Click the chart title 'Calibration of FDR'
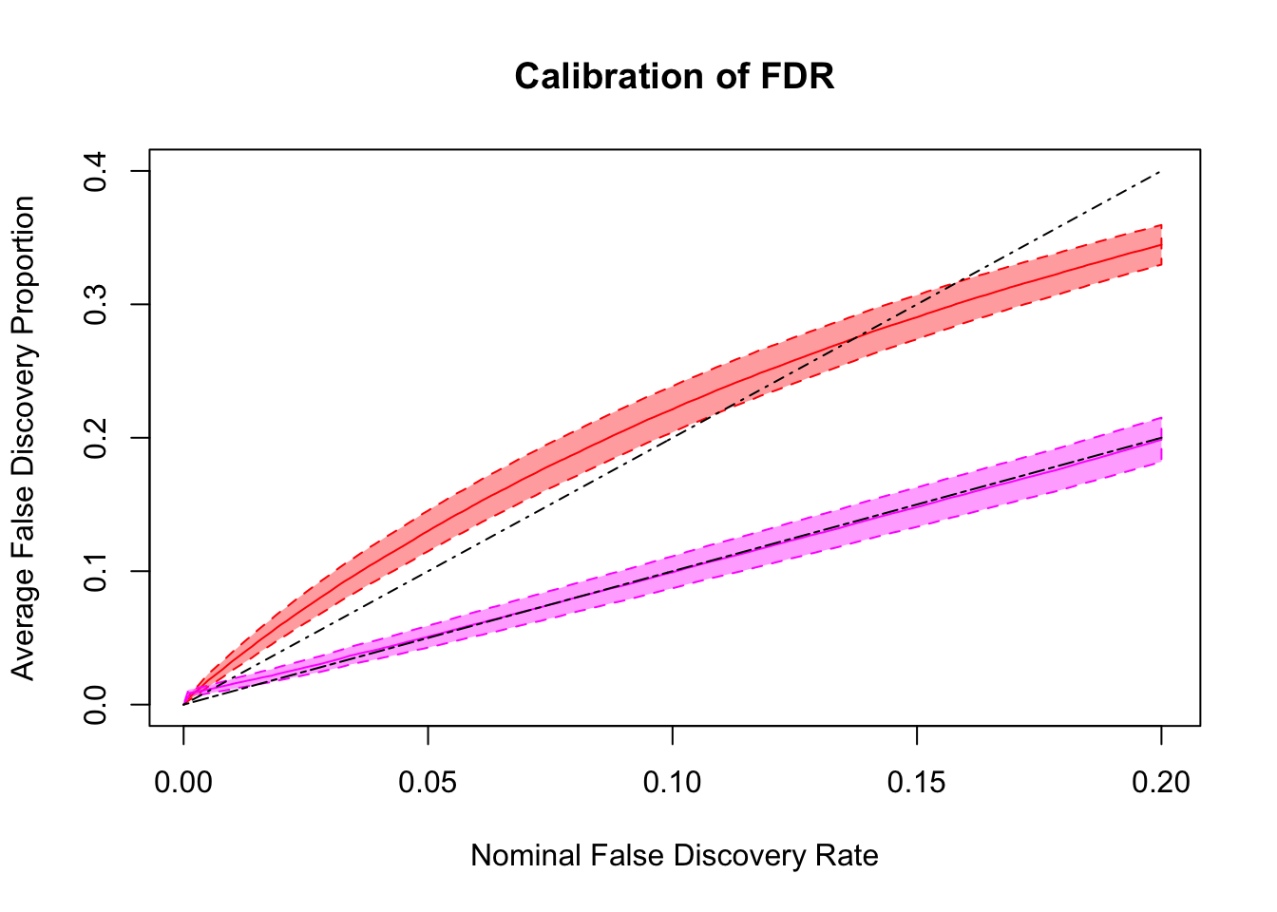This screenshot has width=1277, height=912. tap(675, 76)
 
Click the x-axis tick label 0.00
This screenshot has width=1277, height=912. tap(183, 782)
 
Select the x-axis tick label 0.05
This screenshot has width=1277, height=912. tap(428, 782)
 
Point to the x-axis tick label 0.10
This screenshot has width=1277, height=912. tap(673, 782)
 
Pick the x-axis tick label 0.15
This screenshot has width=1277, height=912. tap(917, 782)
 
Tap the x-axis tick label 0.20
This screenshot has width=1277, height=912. tap(1161, 782)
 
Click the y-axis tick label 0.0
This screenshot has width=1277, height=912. tap(95, 705)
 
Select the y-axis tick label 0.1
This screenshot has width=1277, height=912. tap(95, 571)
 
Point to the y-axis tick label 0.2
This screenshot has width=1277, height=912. tap(95, 438)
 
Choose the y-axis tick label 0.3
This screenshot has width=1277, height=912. tap(95, 304)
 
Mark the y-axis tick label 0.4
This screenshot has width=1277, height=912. tap(95, 171)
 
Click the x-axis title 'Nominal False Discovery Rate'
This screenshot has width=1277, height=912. tap(675, 856)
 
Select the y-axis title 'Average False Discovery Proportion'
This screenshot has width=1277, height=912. tap(23, 438)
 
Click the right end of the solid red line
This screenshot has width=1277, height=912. tap(1161, 245)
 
